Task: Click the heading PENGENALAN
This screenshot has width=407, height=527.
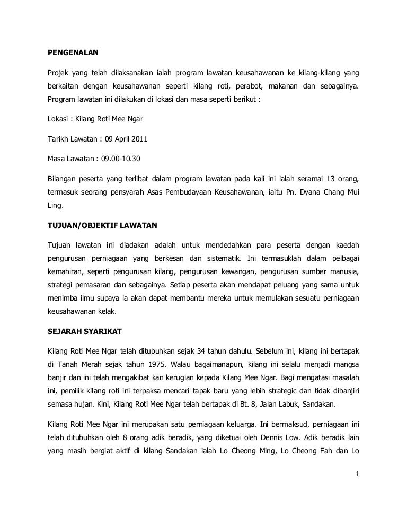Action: [73, 53]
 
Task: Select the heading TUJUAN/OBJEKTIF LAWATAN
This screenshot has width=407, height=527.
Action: [99, 226]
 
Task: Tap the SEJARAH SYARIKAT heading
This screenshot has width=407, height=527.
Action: [85, 331]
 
